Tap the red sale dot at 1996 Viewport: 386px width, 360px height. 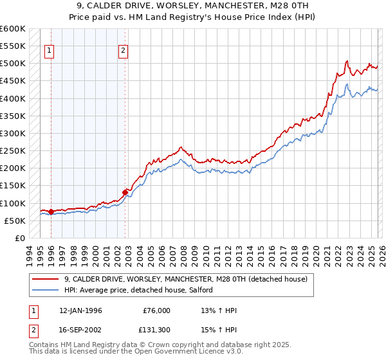(51, 212)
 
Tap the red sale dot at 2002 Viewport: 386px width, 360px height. (125, 192)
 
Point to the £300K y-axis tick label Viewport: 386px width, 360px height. (12, 133)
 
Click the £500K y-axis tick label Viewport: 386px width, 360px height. (12, 64)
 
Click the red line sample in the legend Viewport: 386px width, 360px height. (46, 279)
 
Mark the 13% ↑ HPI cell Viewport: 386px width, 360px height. (219, 310)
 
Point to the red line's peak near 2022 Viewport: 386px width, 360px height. (347, 61)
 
